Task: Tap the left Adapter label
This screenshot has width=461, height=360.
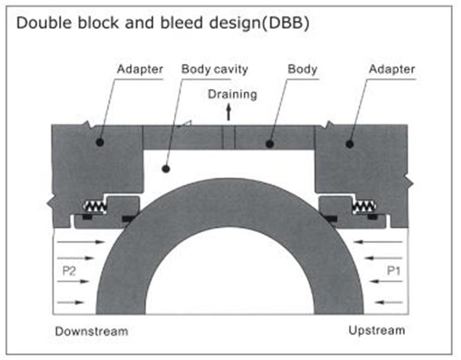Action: click(140, 69)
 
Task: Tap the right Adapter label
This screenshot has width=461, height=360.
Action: click(392, 69)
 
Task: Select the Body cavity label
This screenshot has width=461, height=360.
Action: click(215, 69)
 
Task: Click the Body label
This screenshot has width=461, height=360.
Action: click(302, 69)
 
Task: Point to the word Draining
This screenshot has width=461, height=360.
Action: click(232, 94)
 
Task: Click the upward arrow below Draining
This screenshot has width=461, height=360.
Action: click(229, 112)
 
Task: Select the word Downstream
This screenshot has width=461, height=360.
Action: click(92, 331)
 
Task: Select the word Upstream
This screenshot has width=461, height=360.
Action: click(377, 331)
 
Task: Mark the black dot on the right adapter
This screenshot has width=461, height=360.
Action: click(350, 144)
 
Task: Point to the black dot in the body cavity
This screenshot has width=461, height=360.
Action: click(164, 168)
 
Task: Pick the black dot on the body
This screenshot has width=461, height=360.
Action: click(269, 144)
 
